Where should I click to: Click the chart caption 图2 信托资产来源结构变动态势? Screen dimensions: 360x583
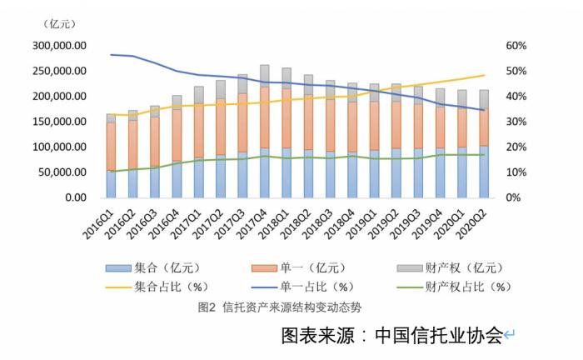280,307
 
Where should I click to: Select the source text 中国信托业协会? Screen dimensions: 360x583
439,336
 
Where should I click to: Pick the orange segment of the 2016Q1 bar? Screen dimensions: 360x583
112,146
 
